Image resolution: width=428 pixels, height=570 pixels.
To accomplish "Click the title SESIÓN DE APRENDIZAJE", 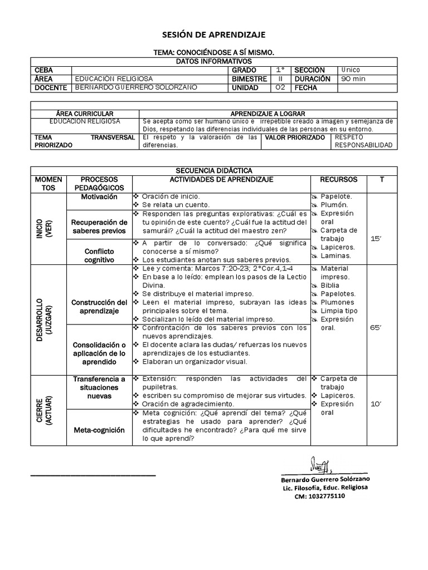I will [213, 35].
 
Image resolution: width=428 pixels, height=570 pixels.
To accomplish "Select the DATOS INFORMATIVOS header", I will [213, 61].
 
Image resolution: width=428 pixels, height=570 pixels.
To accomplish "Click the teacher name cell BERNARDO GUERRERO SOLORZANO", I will [136, 88].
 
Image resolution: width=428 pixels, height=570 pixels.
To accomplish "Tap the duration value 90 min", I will [353, 79].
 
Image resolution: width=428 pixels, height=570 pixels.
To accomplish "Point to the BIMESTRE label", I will [250, 79].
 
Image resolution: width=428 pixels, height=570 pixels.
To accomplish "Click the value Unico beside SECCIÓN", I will [351, 70].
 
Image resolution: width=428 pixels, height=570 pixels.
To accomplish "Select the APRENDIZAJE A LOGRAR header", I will [267, 114].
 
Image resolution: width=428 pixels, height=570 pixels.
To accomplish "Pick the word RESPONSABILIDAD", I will [363, 145].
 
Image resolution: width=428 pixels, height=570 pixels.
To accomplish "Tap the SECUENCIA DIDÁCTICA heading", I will [213, 170].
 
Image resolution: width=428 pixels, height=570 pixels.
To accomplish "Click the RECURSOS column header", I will [338, 179].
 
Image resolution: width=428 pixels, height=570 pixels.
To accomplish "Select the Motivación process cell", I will [99, 197].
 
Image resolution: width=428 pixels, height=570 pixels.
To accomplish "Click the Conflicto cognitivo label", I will [99, 255].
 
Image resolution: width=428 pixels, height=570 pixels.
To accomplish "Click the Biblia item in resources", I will [329, 286].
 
